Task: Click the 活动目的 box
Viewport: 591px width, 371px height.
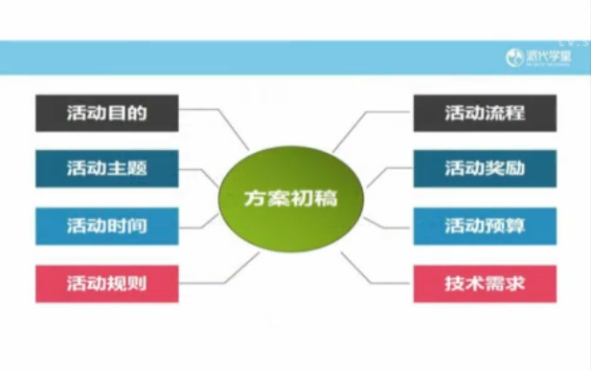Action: [107, 112]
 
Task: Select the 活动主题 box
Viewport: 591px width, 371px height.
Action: [107, 168]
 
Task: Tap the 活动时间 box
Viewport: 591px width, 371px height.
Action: [107, 226]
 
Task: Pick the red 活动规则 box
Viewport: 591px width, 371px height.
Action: [107, 283]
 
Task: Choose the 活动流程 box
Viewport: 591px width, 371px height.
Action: [485, 112]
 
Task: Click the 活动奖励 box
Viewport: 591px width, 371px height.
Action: [485, 168]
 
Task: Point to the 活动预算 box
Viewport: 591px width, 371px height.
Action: [485, 226]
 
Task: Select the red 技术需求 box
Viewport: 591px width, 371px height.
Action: [485, 283]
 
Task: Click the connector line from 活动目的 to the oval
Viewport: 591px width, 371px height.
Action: [230, 127]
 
